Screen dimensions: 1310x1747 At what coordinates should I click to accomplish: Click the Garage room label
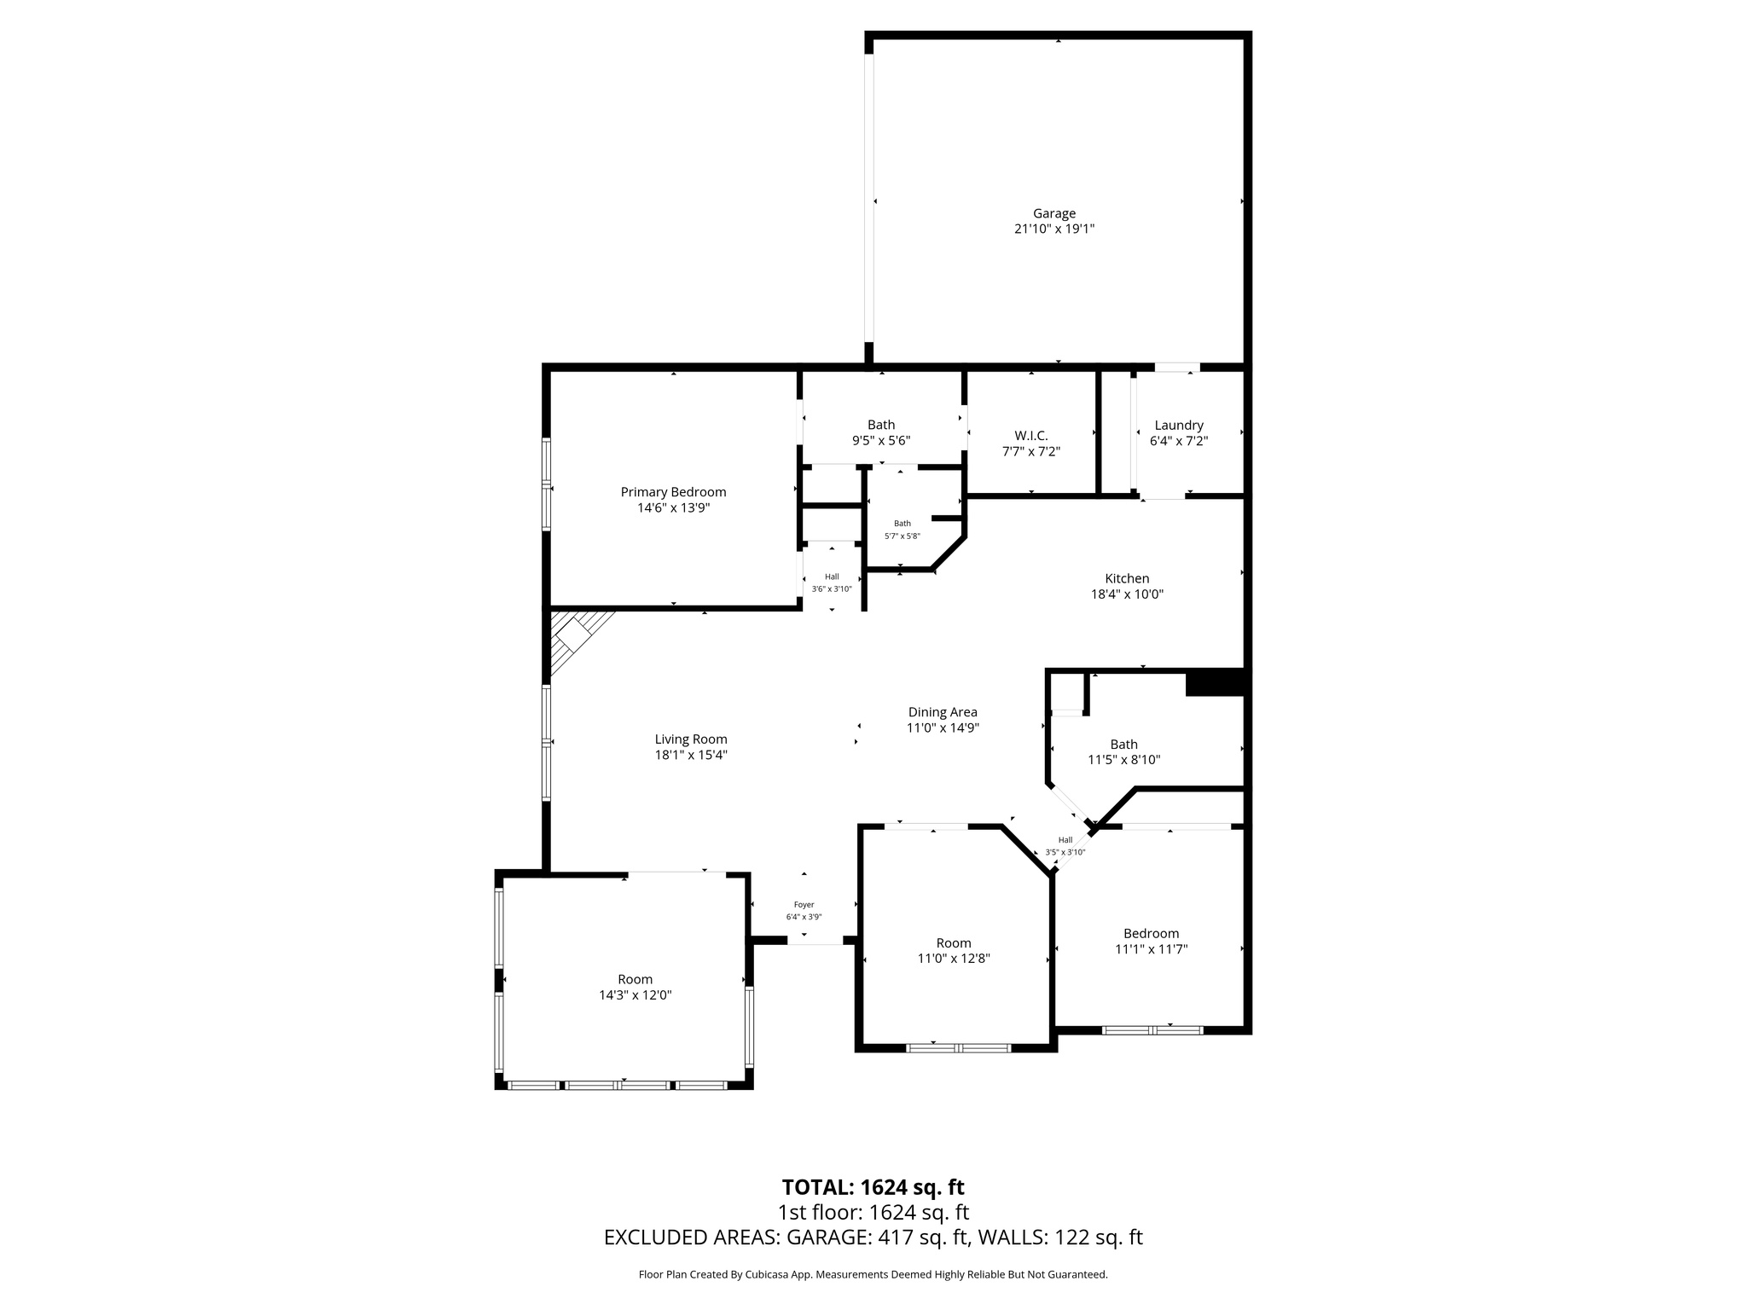(x=1053, y=213)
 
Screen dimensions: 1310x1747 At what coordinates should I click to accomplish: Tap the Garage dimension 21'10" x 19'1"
(x=1053, y=229)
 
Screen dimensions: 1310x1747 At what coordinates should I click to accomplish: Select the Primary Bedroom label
(x=673, y=492)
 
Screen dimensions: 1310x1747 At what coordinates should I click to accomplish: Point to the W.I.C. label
(x=1030, y=436)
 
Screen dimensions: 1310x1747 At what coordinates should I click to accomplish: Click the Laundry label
(x=1178, y=426)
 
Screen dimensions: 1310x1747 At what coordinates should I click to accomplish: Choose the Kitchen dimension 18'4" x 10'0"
(x=1127, y=594)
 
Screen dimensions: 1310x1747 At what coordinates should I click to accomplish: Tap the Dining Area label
(x=942, y=712)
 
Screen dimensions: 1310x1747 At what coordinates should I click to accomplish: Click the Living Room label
(x=690, y=739)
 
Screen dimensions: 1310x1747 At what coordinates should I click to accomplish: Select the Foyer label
(x=804, y=905)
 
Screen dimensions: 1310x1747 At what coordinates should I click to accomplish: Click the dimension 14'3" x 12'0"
(x=635, y=995)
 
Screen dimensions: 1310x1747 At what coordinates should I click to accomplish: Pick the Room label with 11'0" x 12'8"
(x=953, y=943)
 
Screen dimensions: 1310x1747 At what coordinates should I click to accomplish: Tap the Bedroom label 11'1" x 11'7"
(x=1151, y=934)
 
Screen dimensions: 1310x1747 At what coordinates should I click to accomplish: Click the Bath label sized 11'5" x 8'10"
(x=1123, y=745)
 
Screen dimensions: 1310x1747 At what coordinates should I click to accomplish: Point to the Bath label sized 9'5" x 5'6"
(x=881, y=425)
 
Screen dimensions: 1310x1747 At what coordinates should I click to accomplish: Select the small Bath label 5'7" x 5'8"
(x=902, y=524)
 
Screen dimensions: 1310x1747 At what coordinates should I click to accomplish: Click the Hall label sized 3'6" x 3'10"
(x=831, y=577)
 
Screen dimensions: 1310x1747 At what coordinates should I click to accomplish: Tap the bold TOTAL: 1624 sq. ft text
(x=873, y=1187)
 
